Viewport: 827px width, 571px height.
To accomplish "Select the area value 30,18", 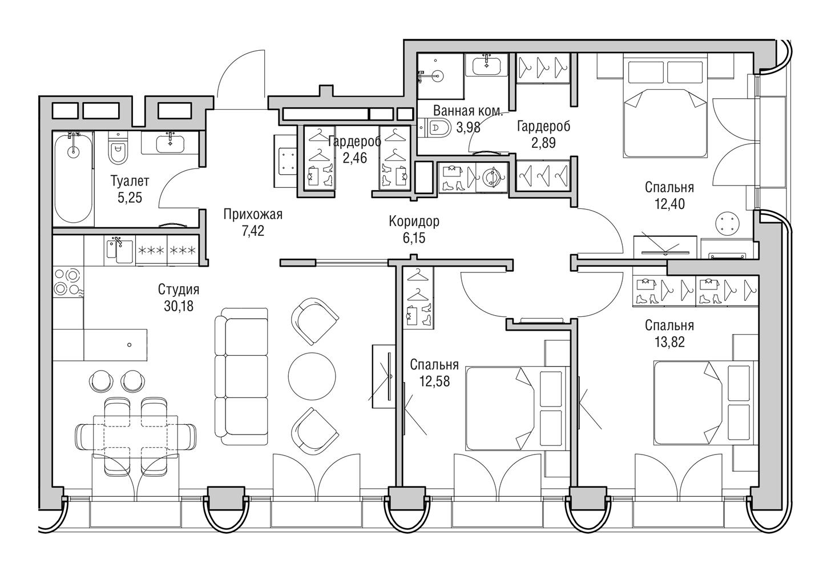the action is click(x=179, y=306).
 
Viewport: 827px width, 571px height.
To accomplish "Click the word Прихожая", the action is click(x=253, y=215).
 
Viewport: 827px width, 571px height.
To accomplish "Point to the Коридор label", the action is click(x=414, y=222).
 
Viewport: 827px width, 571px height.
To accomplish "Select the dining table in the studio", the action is click(x=135, y=437).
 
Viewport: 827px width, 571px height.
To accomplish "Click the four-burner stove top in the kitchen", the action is click(x=68, y=283).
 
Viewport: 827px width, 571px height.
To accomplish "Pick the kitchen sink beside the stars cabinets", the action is click(x=119, y=251).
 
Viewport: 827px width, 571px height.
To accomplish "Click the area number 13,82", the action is click(x=669, y=342).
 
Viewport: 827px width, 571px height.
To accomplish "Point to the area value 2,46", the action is click(x=355, y=158).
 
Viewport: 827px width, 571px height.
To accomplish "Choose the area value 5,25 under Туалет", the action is click(x=130, y=198).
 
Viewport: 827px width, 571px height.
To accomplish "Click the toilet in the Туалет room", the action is click(x=118, y=148).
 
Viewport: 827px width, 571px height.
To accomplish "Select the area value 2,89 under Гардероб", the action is click(x=543, y=143).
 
